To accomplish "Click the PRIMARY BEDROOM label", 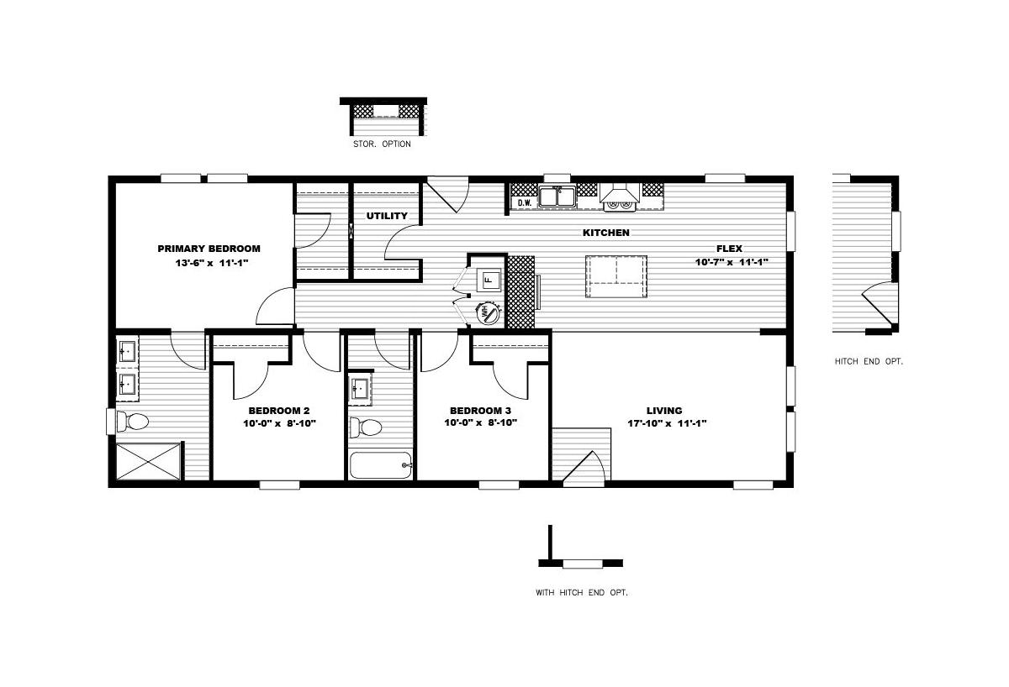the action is [x=209, y=249].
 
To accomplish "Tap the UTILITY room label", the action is [x=387, y=216].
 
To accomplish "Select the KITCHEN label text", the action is [x=606, y=233].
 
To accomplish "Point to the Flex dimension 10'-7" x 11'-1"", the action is [x=731, y=262].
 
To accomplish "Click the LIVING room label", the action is [x=664, y=411].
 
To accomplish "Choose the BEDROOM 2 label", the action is [x=279, y=411].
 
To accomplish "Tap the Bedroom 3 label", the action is [x=480, y=411].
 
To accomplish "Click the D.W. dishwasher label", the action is [x=525, y=203].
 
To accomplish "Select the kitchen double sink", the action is [x=557, y=197].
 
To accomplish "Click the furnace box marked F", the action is [x=489, y=280].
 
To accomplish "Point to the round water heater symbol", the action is [x=488, y=312].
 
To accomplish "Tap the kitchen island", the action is [x=616, y=276].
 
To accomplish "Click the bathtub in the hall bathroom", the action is [x=381, y=464].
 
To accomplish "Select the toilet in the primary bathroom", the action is [x=133, y=422].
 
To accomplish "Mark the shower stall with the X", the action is [x=148, y=461].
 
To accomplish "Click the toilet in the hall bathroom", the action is [x=366, y=427].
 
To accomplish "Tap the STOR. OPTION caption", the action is [x=382, y=144].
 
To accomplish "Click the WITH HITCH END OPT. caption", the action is [x=582, y=593].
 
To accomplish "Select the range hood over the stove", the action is [x=620, y=193].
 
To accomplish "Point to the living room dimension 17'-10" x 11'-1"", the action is [x=667, y=423].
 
